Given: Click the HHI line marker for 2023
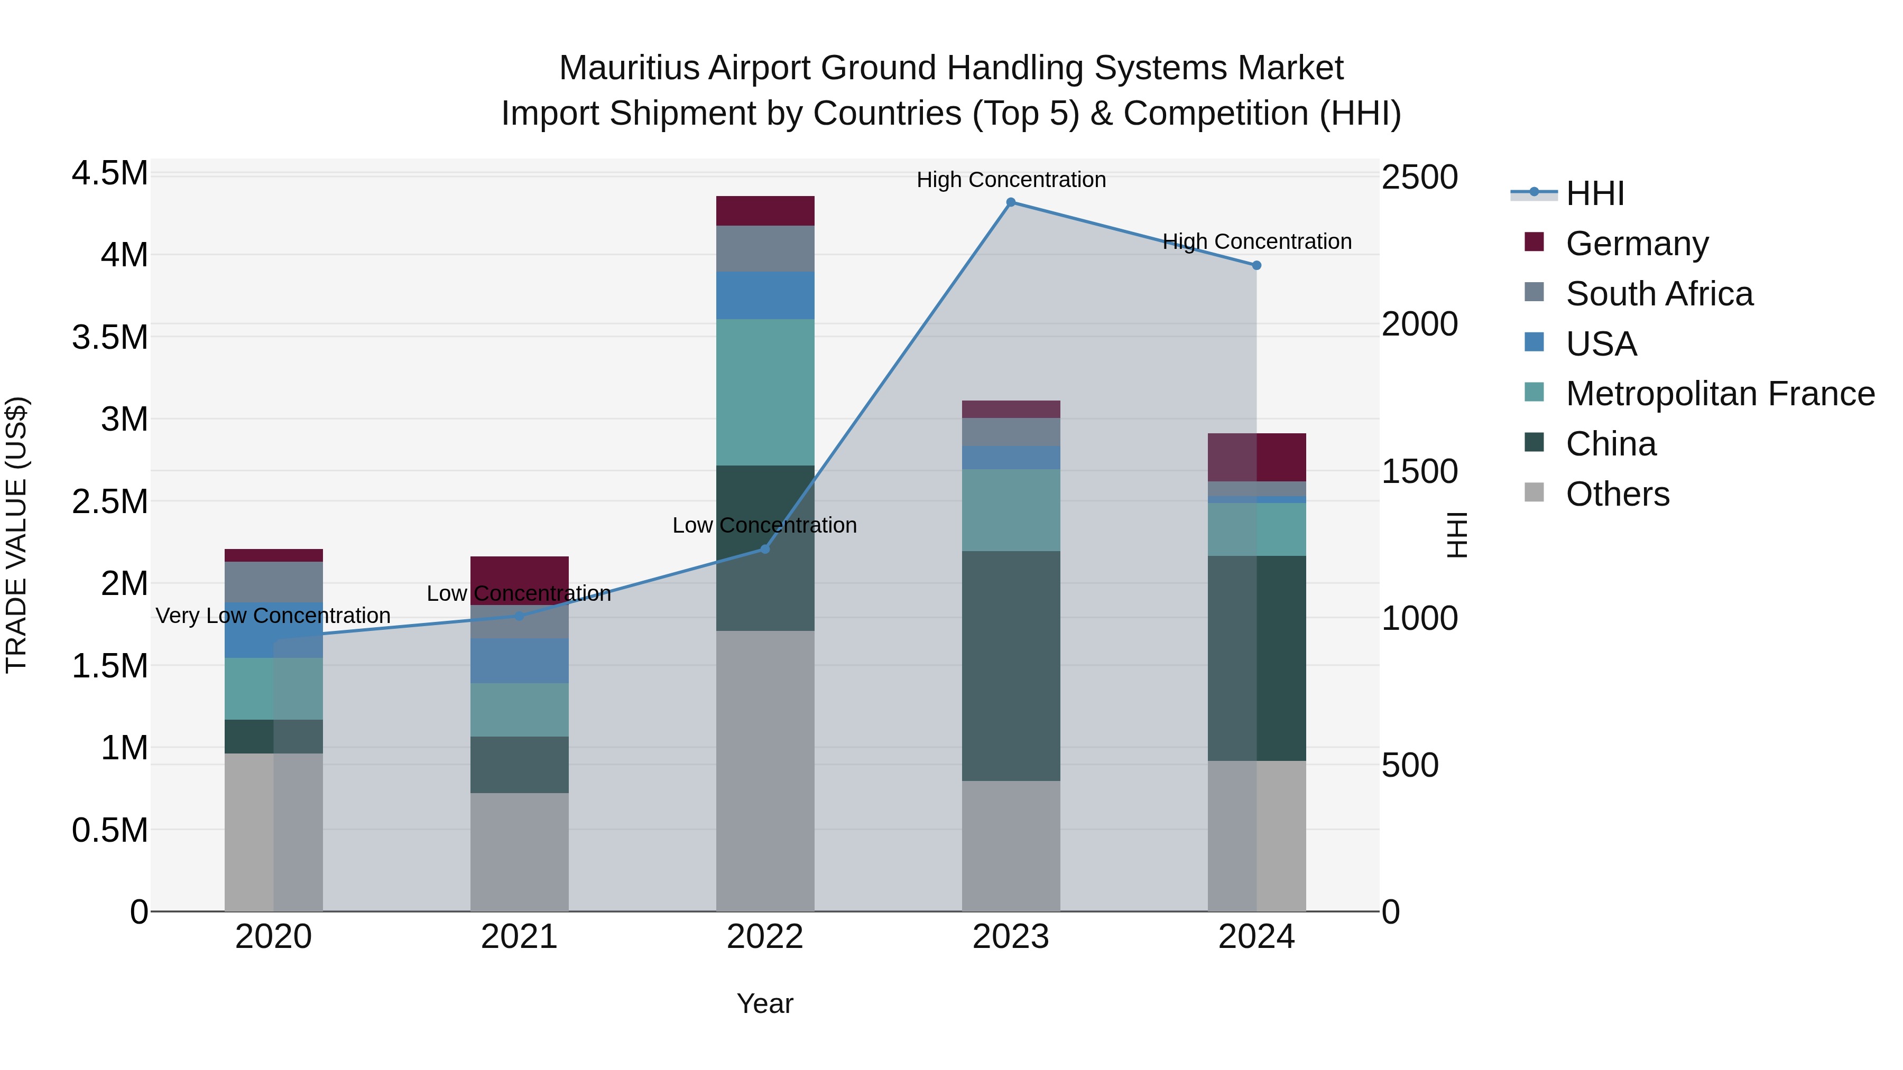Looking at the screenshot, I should click(x=1011, y=202).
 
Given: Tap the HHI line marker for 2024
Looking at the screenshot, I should click(x=1257, y=265).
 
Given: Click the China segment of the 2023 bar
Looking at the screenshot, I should click(x=1011, y=665).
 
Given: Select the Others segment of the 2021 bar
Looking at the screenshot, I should click(x=519, y=851).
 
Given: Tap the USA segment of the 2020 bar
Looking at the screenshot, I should click(x=273, y=629).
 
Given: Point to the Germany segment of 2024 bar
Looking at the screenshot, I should click(x=1257, y=457).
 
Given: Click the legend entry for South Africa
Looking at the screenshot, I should click(x=1658, y=294).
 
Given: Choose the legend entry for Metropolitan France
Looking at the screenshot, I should click(x=1719, y=394).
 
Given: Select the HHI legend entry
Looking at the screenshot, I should click(x=1594, y=193).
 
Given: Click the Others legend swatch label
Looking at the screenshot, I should click(x=1617, y=494).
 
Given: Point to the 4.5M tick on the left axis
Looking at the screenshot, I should click(x=110, y=174).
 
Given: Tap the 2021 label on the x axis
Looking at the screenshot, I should click(x=519, y=937).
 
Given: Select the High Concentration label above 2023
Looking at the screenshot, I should click(x=1011, y=180).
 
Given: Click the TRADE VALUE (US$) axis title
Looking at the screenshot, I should click(x=16, y=535).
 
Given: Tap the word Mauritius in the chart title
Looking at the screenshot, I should click(x=628, y=68).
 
